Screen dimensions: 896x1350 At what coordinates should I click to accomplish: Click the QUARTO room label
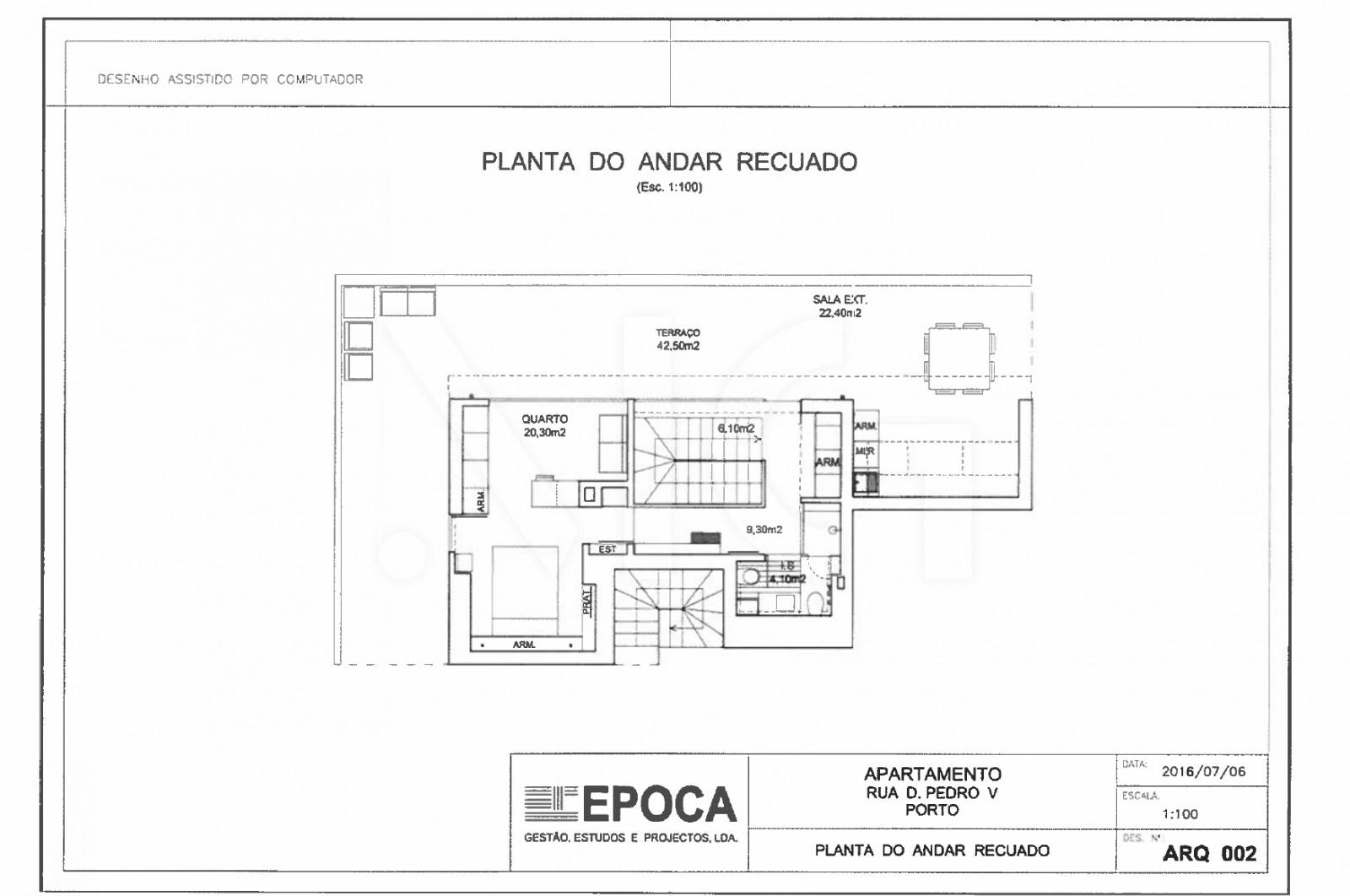pyautogui.click(x=544, y=419)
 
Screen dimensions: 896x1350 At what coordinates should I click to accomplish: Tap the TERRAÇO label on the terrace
pyautogui.click(x=678, y=333)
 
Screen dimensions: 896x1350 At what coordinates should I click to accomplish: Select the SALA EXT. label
pyautogui.click(x=840, y=300)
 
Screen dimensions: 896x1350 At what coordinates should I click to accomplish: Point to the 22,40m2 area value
pyautogui.click(x=840, y=313)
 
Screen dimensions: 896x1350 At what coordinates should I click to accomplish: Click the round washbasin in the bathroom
pyautogui.click(x=747, y=578)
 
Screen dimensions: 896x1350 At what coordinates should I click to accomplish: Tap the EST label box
pyautogui.click(x=607, y=549)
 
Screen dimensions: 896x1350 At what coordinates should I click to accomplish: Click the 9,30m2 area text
pyautogui.click(x=764, y=530)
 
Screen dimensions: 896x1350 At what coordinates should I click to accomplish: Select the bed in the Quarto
pyautogui.click(x=524, y=586)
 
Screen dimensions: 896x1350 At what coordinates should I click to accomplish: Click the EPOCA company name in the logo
pyautogui.click(x=659, y=804)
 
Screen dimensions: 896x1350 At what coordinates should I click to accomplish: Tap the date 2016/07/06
pyautogui.click(x=1203, y=771)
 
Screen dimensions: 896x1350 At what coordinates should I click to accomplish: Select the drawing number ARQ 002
pyautogui.click(x=1209, y=853)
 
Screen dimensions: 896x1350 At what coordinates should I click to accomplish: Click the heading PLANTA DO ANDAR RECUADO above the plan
pyautogui.click(x=669, y=162)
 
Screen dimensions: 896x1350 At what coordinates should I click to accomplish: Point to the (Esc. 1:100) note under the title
pyautogui.click(x=669, y=187)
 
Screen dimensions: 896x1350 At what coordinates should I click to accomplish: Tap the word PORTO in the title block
pyautogui.click(x=931, y=810)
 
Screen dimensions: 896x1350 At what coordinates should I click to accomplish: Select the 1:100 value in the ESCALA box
pyautogui.click(x=1180, y=814)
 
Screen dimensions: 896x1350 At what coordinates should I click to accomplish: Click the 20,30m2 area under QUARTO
pyautogui.click(x=544, y=433)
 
